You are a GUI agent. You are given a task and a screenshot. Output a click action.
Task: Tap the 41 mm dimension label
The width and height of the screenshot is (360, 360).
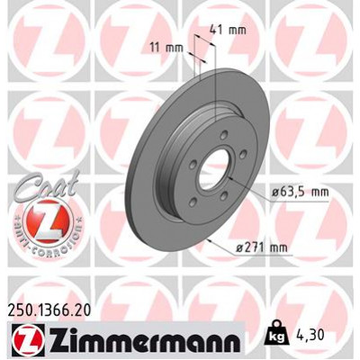pos(232,31)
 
